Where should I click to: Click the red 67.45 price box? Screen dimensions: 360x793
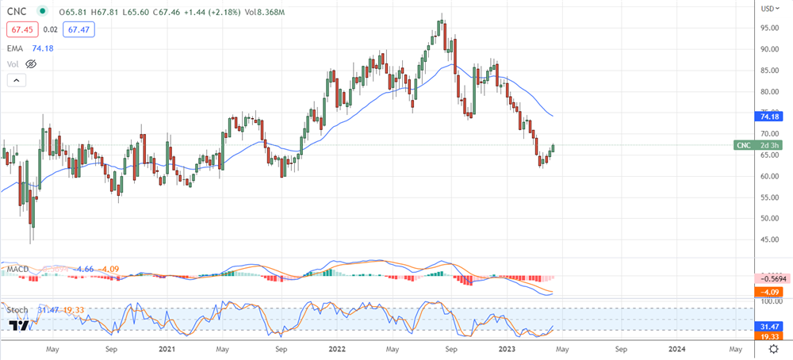[x=19, y=29]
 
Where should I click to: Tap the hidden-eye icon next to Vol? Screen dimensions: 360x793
[x=32, y=63]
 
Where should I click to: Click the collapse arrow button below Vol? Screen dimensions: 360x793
[x=16, y=80]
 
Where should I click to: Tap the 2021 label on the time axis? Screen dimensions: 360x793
[x=167, y=348]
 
